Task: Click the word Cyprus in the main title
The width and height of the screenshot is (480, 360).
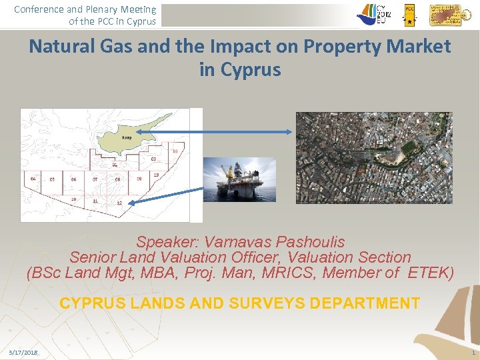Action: [x=240, y=69]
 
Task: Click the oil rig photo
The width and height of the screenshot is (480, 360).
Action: [x=239, y=179]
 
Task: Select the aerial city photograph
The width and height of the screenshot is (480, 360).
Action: [x=374, y=157]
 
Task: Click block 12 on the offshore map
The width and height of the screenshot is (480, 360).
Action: [x=119, y=202]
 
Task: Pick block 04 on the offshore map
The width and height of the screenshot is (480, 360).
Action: [x=33, y=179]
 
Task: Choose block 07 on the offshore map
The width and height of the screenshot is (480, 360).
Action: [x=95, y=179]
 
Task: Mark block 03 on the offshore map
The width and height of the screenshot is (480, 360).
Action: [x=175, y=151]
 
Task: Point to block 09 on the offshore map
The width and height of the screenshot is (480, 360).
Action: [x=139, y=179]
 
